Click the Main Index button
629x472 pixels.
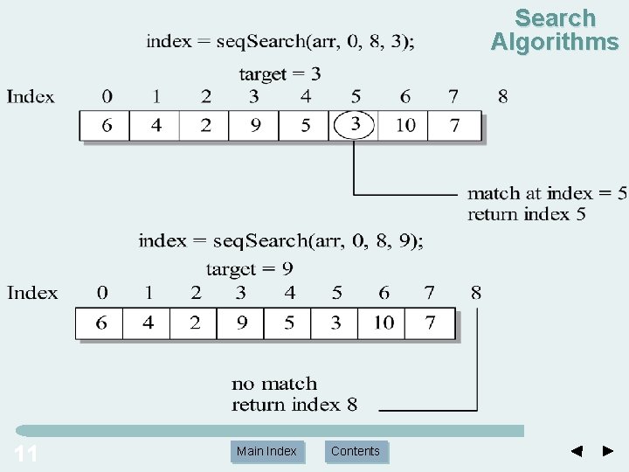[x=266, y=451]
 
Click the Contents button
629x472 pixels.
[x=356, y=451]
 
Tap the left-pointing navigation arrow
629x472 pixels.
[x=576, y=451]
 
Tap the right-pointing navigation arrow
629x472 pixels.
[x=608, y=451]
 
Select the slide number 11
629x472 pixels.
[x=26, y=453]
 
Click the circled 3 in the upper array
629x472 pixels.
[x=355, y=125]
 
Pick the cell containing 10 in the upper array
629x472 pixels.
[x=405, y=126]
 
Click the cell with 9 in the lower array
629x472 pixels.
[x=242, y=323]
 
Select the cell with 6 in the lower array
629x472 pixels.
[x=101, y=323]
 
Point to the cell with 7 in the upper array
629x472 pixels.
[x=454, y=126]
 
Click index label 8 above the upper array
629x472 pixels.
[x=502, y=95]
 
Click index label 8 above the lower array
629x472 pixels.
[x=475, y=292]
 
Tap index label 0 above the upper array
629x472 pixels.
[x=107, y=95]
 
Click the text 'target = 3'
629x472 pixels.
[x=280, y=74]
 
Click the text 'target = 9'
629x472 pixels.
[x=250, y=269]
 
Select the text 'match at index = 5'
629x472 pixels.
[x=546, y=193]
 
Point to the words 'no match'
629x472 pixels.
[x=274, y=383]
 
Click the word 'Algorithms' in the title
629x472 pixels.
[x=554, y=41]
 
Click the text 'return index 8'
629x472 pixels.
[x=294, y=404]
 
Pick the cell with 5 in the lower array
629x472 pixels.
[x=289, y=323]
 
